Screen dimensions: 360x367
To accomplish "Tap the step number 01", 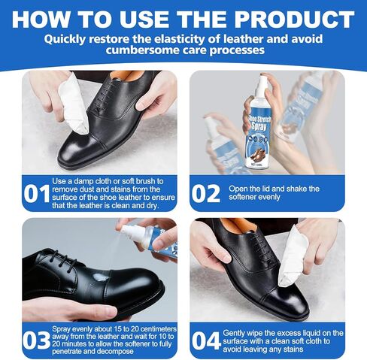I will [35, 194].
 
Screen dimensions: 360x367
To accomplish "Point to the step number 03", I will [35, 340].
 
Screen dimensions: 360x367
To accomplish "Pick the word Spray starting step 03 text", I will [65, 329].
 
